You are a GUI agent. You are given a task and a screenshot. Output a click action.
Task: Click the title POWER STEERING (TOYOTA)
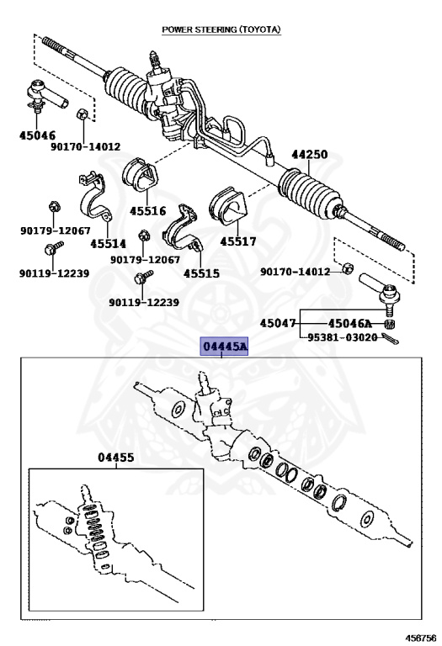(x=221, y=29)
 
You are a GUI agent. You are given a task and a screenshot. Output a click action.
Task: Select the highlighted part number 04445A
(x=225, y=347)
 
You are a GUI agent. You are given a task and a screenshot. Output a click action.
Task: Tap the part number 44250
(x=310, y=155)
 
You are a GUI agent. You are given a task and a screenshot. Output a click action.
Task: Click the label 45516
(x=147, y=211)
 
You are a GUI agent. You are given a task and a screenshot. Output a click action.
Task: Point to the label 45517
(x=238, y=241)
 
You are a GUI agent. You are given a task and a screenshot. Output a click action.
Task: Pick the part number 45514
(x=108, y=244)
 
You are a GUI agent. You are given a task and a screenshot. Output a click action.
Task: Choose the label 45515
(x=201, y=273)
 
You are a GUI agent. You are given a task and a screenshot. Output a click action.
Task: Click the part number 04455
(x=116, y=458)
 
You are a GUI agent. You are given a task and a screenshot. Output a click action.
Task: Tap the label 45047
(x=278, y=323)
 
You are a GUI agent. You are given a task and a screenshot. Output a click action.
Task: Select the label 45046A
(x=349, y=323)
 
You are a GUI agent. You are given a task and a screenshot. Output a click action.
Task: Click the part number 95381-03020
(x=343, y=337)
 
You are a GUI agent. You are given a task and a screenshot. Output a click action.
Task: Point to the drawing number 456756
(x=421, y=638)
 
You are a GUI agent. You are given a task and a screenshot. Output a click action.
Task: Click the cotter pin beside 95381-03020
(x=390, y=339)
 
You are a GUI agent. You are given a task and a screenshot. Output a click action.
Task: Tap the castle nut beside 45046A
(x=389, y=324)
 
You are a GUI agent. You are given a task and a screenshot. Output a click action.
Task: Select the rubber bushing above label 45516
(x=141, y=174)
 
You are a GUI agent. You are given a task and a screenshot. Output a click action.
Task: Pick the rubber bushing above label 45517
(x=227, y=206)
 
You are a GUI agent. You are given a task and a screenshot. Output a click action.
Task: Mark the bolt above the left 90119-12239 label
(x=54, y=248)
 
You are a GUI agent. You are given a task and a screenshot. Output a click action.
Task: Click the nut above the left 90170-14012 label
(x=82, y=114)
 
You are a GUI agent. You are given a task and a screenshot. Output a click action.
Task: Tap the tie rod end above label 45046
(x=45, y=96)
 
